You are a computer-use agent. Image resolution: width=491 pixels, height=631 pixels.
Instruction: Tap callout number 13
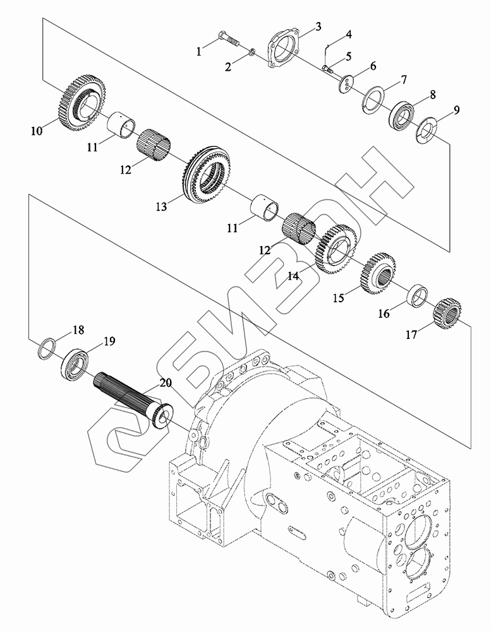161,206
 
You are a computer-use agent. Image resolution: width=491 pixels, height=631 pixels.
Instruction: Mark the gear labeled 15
377,272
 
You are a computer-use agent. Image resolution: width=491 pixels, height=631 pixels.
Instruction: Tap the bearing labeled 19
75,364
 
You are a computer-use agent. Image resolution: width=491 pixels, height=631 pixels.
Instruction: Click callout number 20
165,383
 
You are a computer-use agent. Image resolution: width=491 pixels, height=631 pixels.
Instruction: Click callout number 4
349,34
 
